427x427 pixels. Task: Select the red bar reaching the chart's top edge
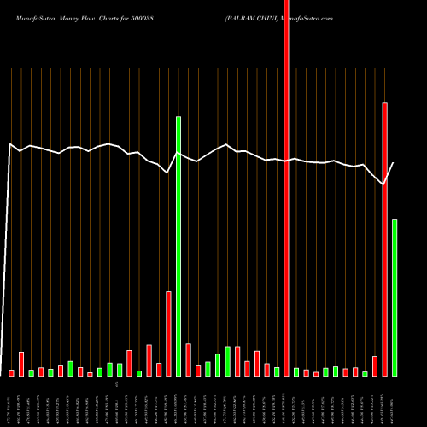pyautogui.click(x=286, y=188)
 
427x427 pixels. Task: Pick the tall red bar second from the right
pyautogui.click(x=385, y=239)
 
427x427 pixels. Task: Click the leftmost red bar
pyautogui.click(x=12, y=373)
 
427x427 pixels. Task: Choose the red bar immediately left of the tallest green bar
pyautogui.click(x=169, y=333)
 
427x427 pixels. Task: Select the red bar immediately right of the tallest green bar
pyautogui.click(x=189, y=360)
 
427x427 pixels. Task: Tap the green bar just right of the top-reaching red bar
pyautogui.click(x=296, y=372)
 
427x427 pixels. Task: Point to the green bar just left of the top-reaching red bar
pyautogui.click(x=277, y=371)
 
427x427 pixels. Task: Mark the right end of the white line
pyautogui.click(x=394, y=163)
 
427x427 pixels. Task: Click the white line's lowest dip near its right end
pyautogui.click(x=384, y=184)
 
